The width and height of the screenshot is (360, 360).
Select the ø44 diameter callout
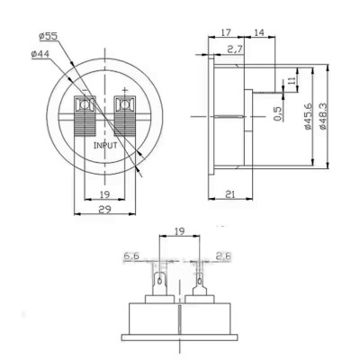(x=41, y=55)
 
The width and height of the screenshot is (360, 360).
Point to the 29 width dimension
(x=106, y=208)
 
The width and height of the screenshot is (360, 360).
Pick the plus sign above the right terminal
(x=124, y=89)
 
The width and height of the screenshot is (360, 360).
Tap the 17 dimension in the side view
(x=224, y=33)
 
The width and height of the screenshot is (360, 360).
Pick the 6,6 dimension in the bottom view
(x=130, y=257)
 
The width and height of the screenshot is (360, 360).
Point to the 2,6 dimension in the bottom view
(x=225, y=257)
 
